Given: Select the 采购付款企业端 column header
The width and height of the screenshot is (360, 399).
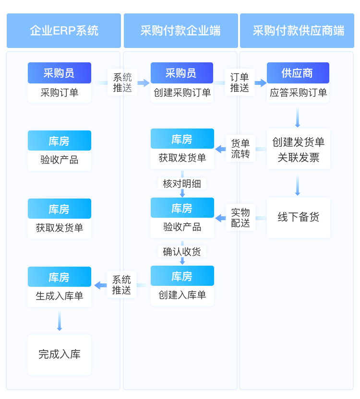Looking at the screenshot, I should pyautogui.click(x=180, y=31).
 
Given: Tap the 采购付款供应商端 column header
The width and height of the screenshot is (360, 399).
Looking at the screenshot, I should pyautogui.click(x=298, y=31).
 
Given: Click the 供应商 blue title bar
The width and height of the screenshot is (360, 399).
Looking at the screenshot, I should pyautogui.click(x=298, y=73).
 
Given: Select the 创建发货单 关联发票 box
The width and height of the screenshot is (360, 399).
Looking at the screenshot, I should pyautogui.click(x=298, y=149).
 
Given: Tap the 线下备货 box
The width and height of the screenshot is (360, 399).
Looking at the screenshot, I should pyautogui.click(x=298, y=217).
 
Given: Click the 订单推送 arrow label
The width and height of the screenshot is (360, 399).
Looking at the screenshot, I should pyautogui.click(x=240, y=82).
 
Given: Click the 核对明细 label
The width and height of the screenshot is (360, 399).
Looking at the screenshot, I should pyautogui.click(x=182, y=183).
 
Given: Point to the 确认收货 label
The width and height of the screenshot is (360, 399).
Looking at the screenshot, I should pyautogui.click(x=182, y=251).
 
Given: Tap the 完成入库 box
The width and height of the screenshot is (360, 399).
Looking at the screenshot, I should pyautogui.click(x=60, y=354).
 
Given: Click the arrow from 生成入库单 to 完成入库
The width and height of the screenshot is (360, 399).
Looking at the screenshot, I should pyautogui.click(x=60, y=320).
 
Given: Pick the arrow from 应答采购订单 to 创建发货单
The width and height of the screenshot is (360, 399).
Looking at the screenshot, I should pyautogui.click(x=298, y=117).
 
